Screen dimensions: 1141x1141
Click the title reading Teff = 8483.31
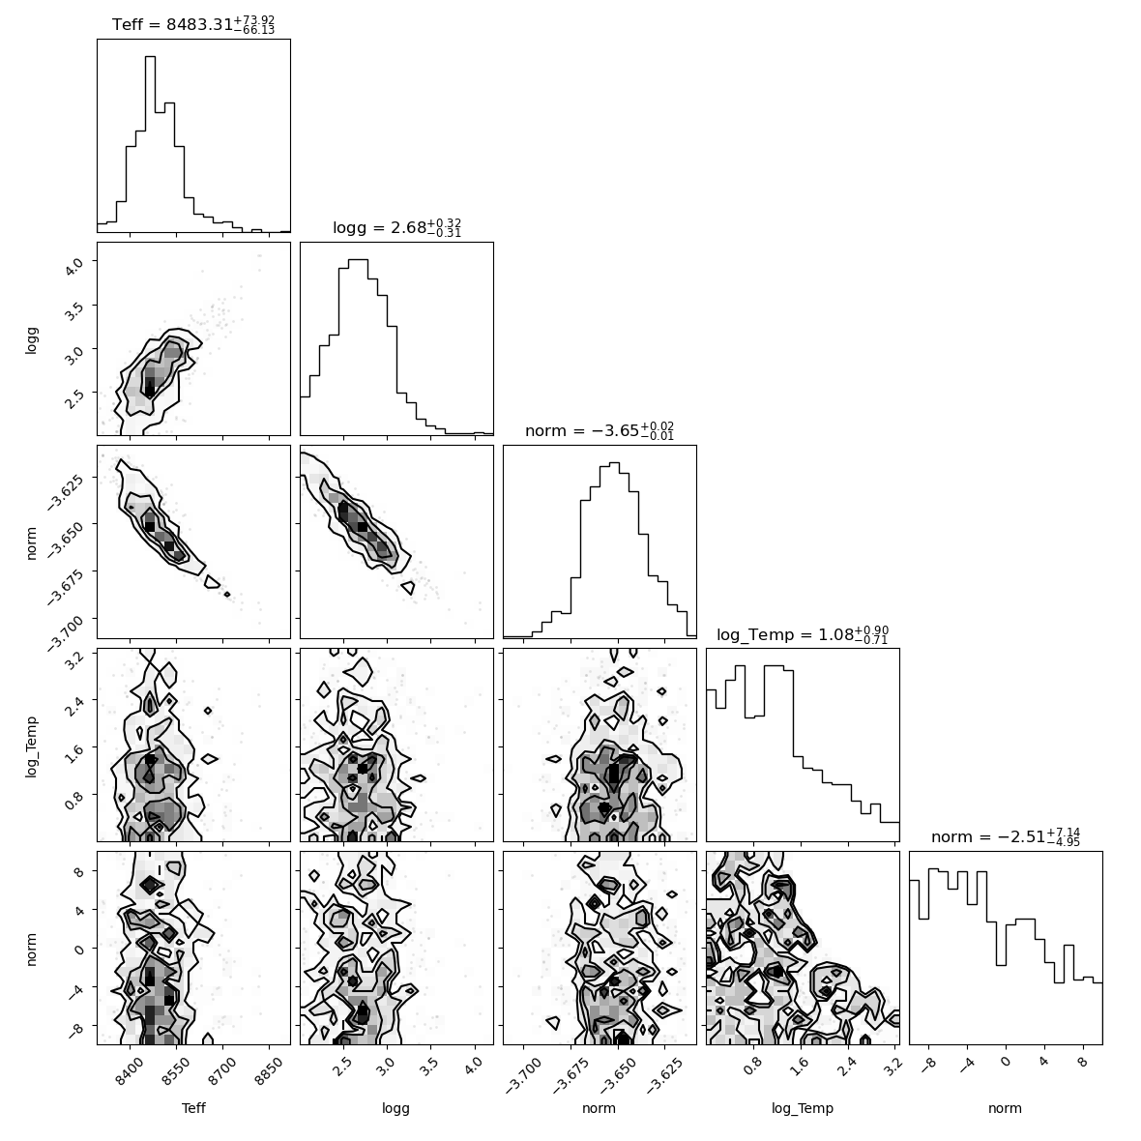click(193, 24)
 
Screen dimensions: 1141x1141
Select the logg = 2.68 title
click(397, 228)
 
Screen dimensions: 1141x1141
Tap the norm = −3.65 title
click(600, 431)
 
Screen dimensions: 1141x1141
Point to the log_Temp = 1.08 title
click(803, 634)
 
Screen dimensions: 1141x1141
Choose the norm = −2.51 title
click(1006, 836)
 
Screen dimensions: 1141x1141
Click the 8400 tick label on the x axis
click(131, 1072)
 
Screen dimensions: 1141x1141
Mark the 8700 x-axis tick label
click(222, 1072)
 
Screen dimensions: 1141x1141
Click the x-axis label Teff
click(193, 1108)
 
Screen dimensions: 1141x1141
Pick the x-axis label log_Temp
click(803, 1109)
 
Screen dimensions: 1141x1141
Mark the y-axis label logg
click(31, 339)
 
